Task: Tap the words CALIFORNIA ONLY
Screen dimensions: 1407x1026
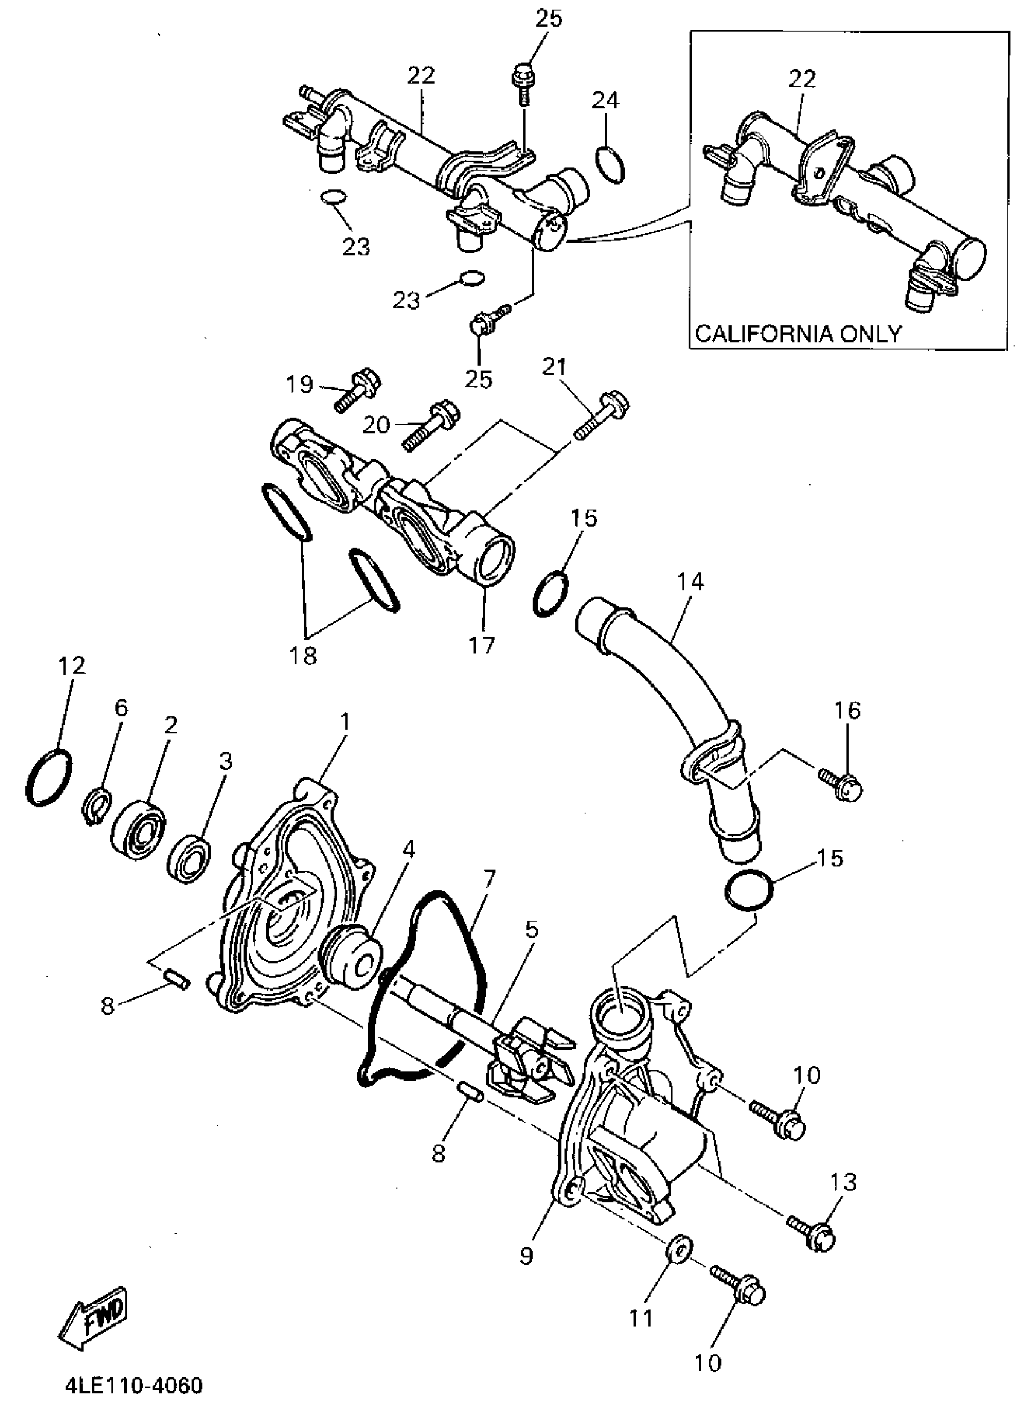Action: [798, 334]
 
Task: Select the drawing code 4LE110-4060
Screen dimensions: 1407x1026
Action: [134, 1386]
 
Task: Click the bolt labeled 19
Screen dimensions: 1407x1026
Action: [358, 390]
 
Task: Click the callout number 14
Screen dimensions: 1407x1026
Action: [690, 582]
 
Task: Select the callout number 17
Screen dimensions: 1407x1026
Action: [482, 644]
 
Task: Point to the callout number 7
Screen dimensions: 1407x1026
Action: [489, 878]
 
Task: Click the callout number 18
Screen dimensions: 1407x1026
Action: [303, 655]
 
